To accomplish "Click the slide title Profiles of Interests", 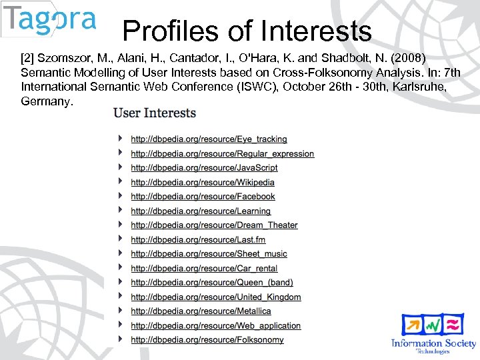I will tap(247, 31).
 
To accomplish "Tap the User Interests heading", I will tap(155, 113).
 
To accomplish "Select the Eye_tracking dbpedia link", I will tap(209, 139).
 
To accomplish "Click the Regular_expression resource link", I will tap(222, 153).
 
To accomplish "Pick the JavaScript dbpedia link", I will tap(204, 168).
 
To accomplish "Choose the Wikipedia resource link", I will tap(203, 182).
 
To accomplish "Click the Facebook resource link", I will tap(203, 197).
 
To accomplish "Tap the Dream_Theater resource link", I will tap(214, 225).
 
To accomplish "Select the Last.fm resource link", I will tap(198, 239).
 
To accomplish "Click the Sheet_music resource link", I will tap(209, 254).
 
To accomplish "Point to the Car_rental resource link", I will tap(204, 268).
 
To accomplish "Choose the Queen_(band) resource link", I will tap(211, 283).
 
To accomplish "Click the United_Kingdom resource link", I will tap(215, 297).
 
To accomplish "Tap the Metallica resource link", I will tap(201, 311).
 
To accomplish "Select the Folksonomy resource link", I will tap(207, 339).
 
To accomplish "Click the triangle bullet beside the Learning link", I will tap(120, 211).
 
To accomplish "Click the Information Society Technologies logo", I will tap(434, 333).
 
